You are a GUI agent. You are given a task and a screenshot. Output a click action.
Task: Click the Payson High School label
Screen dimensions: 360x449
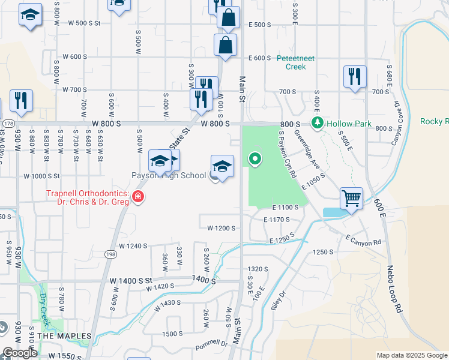(170, 176)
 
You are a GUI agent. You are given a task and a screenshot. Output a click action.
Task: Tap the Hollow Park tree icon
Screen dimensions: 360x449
(317, 123)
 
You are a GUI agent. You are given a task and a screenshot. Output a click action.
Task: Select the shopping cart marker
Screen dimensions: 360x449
(351, 197)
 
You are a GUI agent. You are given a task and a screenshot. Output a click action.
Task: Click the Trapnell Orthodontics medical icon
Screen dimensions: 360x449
(138, 197)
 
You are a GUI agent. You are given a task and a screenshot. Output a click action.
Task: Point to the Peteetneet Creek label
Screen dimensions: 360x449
(291, 62)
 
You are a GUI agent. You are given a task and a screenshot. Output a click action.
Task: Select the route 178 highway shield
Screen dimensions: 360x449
(8, 123)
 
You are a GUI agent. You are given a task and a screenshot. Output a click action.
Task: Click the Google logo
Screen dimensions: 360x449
(20, 353)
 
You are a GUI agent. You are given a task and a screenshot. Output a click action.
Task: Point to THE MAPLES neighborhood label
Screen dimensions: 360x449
(64, 336)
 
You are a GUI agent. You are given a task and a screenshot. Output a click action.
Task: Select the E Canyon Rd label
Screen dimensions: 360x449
(364, 240)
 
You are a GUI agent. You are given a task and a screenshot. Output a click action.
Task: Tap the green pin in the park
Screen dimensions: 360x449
(255, 159)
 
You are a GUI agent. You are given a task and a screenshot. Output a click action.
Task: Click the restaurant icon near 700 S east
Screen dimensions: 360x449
(354, 77)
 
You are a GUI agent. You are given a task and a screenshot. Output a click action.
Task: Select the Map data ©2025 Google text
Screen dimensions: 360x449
(412, 355)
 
